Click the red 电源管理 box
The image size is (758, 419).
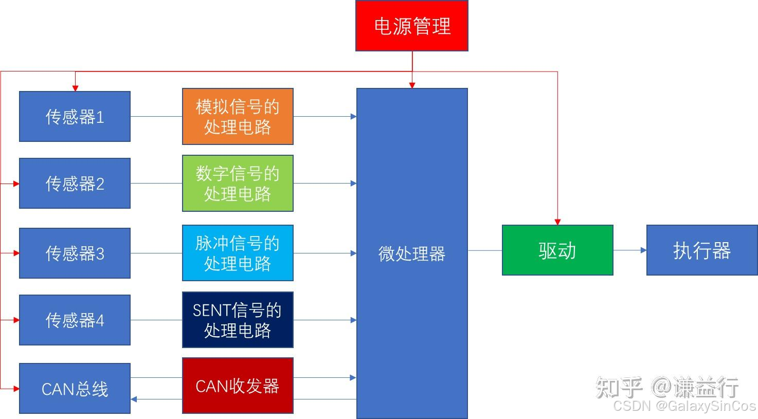411,26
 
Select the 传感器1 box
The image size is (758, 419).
75,117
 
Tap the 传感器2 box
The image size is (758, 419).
75,183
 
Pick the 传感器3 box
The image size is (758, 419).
75,253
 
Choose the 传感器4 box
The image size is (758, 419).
75,320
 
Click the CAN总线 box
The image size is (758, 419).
75,389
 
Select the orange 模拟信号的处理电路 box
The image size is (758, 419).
238,117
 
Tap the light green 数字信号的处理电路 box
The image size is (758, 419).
238,183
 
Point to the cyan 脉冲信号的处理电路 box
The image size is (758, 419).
238,253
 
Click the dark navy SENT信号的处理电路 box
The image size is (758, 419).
238,320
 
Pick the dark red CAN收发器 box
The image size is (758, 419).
238,386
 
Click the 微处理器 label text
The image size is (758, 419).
411,253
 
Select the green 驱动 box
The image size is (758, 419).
557,250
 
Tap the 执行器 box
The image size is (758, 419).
702,250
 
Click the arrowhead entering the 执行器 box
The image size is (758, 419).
643,250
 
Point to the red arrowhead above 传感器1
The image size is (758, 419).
75,88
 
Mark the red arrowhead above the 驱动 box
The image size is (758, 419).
557,222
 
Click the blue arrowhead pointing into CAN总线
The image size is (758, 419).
134,399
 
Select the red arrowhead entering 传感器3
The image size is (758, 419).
16,253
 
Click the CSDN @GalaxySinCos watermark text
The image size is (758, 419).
684,406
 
